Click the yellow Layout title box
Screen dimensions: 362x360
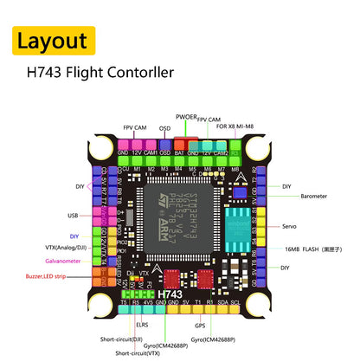pos(52,40)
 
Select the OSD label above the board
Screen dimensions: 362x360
pos(164,127)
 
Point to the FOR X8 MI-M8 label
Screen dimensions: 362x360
pos(235,127)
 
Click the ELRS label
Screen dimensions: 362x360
pos(142,325)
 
